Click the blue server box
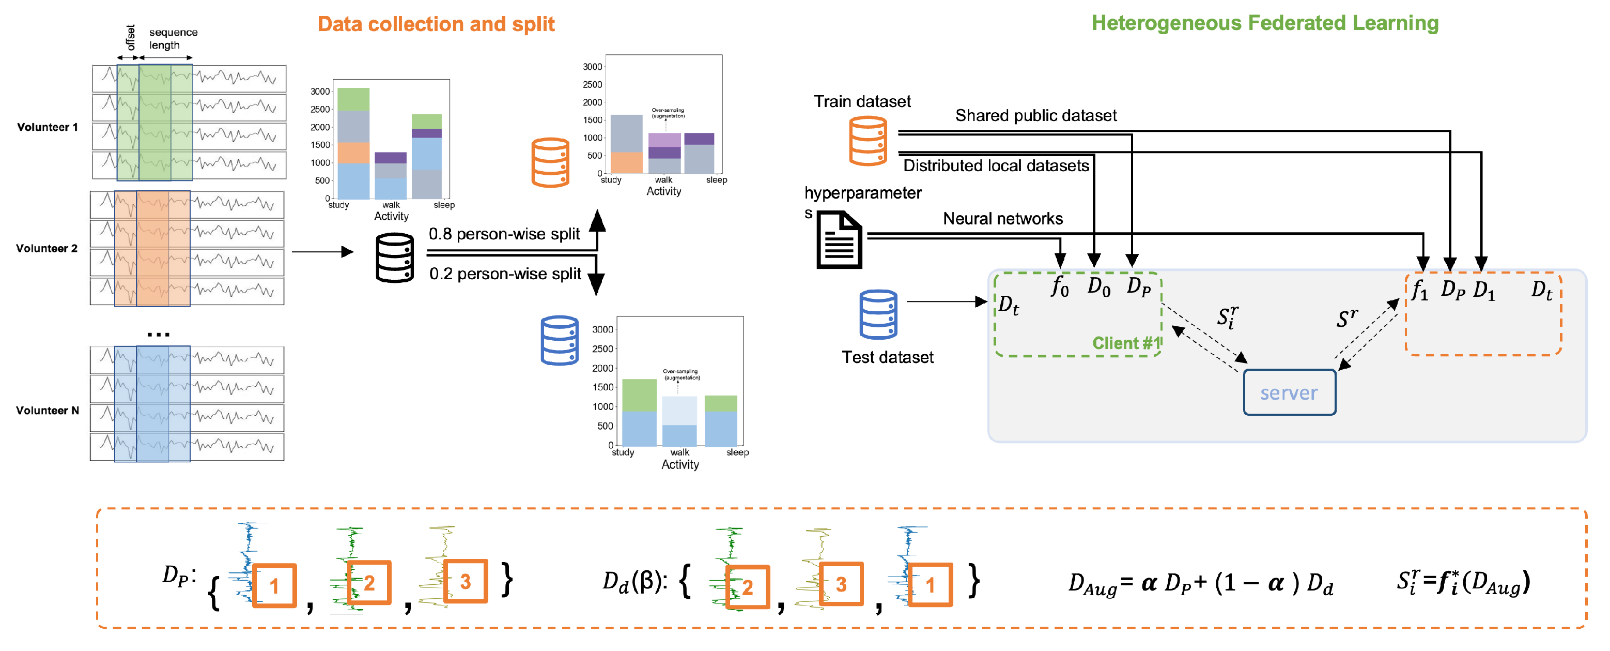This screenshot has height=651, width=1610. (1289, 393)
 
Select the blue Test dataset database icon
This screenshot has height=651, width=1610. (878, 314)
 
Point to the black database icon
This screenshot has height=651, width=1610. (394, 258)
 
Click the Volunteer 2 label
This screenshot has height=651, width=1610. (47, 248)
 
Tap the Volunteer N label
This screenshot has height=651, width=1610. (48, 410)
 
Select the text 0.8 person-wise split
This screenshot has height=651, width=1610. (504, 234)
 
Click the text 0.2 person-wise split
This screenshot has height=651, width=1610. (505, 274)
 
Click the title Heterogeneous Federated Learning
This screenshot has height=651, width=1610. (1264, 23)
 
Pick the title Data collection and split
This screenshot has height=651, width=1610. (436, 24)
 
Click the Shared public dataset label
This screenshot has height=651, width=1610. (1035, 116)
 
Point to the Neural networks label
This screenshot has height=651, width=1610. (1002, 219)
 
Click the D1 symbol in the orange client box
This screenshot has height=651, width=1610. (1484, 291)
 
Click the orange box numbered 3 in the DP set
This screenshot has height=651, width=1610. (465, 581)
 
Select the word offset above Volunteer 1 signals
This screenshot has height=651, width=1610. (130, 38)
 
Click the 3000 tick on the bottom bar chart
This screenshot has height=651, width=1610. (602, 329)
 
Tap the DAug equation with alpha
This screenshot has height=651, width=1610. (1200, 583)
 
